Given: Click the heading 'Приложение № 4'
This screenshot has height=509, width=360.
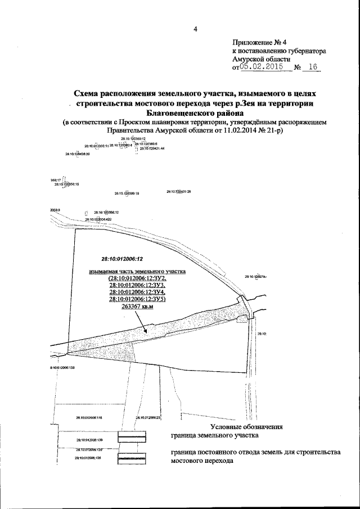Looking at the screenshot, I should (260, 42).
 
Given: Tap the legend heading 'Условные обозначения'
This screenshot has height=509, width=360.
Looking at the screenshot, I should (242, 427).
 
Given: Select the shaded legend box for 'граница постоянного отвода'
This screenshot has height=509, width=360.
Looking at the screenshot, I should (132, 458).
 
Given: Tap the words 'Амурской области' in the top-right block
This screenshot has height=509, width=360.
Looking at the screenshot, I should (260, 59).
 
